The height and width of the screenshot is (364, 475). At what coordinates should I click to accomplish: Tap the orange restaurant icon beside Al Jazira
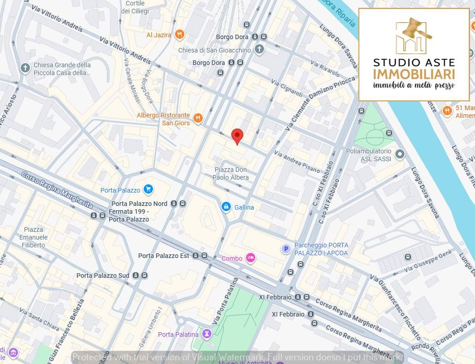pos(180,35)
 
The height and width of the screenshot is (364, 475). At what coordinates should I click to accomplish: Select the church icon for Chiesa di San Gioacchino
pos(259,49)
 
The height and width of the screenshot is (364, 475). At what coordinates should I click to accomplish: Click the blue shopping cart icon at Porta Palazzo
pos(148,189)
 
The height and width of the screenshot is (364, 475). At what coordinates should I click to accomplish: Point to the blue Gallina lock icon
pos(226,207)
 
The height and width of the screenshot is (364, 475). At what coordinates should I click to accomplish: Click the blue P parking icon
pos(286,249)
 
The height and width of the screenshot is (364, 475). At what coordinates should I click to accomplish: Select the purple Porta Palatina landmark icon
pos(207,334)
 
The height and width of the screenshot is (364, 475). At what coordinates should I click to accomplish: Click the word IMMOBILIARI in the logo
pos(414,75)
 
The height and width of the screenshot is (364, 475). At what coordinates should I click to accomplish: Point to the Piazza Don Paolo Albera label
pos(231,174)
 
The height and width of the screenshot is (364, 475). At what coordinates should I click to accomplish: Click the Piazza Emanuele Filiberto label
pos(34,237)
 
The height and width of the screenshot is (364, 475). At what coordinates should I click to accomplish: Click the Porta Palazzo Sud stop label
pos(103,276)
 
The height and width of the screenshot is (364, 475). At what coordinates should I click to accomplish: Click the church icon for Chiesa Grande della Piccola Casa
pos(25,68)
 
